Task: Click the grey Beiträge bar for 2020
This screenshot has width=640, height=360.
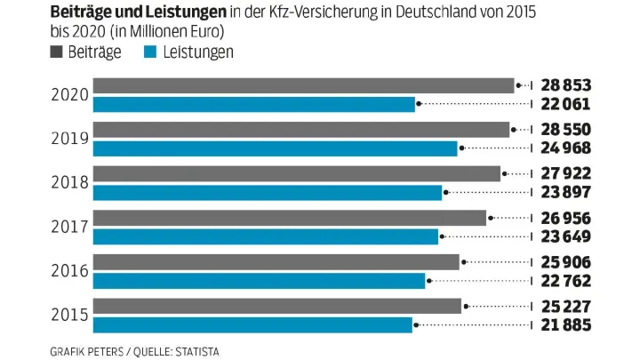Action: [x=303, y=85]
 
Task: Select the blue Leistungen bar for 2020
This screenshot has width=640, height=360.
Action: [x=253, y=104]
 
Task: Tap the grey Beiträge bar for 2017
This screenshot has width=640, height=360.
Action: [x=289, y=218]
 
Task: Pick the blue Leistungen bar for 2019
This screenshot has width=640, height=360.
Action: [x=275, y=148]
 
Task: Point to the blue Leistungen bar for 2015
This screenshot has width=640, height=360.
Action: [x=252, y=324]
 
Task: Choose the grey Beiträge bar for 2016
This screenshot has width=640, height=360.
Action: [x=276, y=262]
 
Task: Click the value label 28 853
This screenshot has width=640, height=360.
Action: [x=566, y=85]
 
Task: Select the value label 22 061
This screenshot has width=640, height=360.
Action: [x=566, y=104]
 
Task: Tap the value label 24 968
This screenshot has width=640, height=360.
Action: [x=566, y=148]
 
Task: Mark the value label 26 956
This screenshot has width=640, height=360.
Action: [x=566, y=218]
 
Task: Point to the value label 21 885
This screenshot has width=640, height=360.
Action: [x=566, y=325]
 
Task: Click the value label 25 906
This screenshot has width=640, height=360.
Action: [x=566, y=262]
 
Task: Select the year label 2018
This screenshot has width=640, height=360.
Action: [x=68, y=183]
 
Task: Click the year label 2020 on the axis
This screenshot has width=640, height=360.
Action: [x=68, y=95]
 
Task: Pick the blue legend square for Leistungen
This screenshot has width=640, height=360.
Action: [x=150, y=52]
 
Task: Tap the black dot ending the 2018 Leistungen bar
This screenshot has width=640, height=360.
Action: [x=446, y=193]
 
